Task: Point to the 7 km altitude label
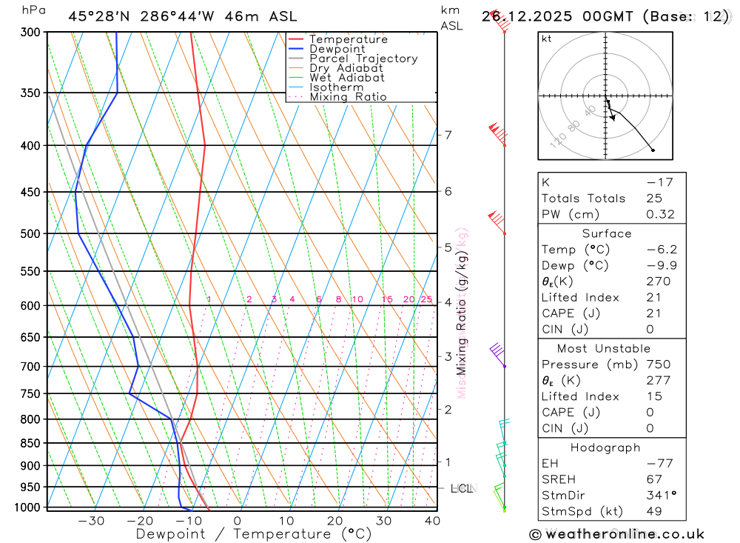click(448, 135)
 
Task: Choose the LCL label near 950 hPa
click(462, 488)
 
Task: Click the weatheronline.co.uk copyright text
click(616, 534)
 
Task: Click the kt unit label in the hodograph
click(547, 39)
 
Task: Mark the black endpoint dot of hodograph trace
click(653, 150)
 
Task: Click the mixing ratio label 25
click(426, 299)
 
